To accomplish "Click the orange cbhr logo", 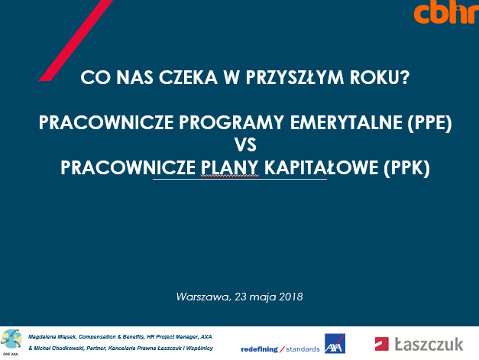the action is [x=447, y=13].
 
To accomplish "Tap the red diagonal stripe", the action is [x=76, y=41].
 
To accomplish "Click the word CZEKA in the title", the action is [x=188, y=77].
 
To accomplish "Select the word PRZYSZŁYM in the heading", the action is [x=294, y=77].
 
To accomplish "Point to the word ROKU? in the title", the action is [x=380, y=77].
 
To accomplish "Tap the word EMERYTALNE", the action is [x=346, y=122].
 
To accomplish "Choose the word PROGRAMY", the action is [x=231, y=122].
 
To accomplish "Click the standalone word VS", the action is [x=245, y=144].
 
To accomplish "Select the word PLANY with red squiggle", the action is [x=229, y=167].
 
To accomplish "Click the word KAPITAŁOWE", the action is [x=321, y=167].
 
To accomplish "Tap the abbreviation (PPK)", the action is [x=406, y=168].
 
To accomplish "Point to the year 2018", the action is [x=290, y=297].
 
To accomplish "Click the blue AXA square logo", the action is [x=335, y=343].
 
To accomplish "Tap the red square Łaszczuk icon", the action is [x=381, y=344].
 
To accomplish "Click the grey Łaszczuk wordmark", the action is [x=429, y=344].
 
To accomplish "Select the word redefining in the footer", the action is [x=259, y=349].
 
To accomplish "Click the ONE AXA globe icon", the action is [x=11, y=340].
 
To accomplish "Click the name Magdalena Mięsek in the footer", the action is [x=52, y=337].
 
